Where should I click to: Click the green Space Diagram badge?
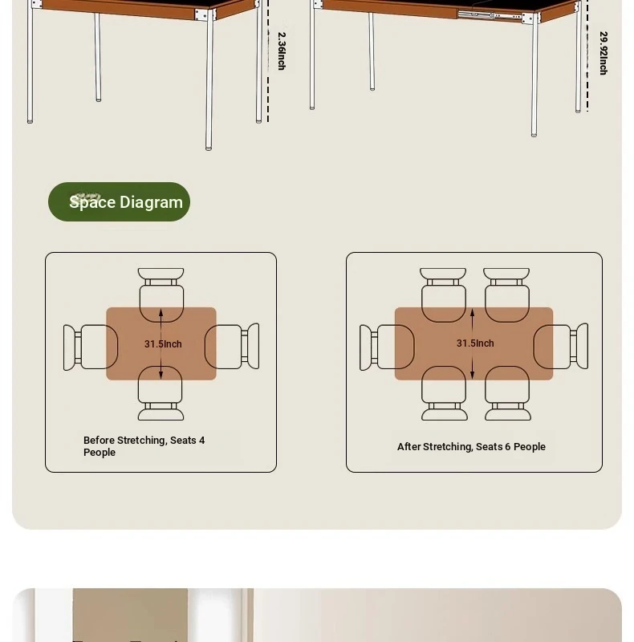(x=120, y=202)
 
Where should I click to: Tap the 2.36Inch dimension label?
(x=282, y=51)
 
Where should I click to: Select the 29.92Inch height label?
(x=604, y=53)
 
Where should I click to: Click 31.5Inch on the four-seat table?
(x=163, y=344)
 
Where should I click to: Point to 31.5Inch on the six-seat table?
(x=475, y=343)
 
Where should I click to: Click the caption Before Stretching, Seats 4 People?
(x=144, y=446)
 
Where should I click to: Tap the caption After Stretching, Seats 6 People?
(x=471, y=447)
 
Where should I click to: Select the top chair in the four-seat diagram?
(x=161, y=295)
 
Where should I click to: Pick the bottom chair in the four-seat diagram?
(x=161, y=393)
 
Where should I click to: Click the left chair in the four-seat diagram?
(x=91, y=347)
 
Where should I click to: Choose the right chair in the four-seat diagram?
(x=232, y=347)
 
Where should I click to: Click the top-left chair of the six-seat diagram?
(x=443, y=295)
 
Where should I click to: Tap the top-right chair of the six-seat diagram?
(x=506, y=295)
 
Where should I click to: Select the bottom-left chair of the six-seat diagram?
(x=445, y=393)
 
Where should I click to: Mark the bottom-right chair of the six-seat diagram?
(x=508, y=393)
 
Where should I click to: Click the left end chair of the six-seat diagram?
(x=387, y=347)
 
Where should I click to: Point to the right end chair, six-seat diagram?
(x=561, y=347)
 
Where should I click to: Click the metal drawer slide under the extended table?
(x=490, y=15)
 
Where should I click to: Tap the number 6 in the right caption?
(x=507, y=446)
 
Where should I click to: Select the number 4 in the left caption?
(x=201, y=440)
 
